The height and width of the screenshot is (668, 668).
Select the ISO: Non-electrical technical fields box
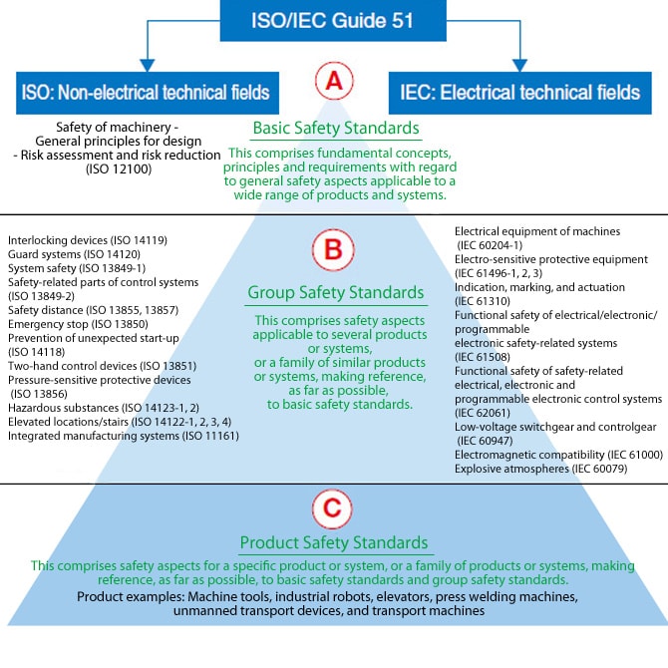click(x=146, y=93)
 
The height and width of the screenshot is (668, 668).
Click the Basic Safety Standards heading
click(x=335, y=130)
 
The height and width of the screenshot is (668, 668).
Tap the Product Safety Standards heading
click(x=334, y=543)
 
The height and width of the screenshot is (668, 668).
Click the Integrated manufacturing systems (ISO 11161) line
click(x=123, y=435)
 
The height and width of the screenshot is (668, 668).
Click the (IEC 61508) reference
click(x=491, y=356)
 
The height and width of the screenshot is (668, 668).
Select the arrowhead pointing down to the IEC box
click(x=519, y=66)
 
